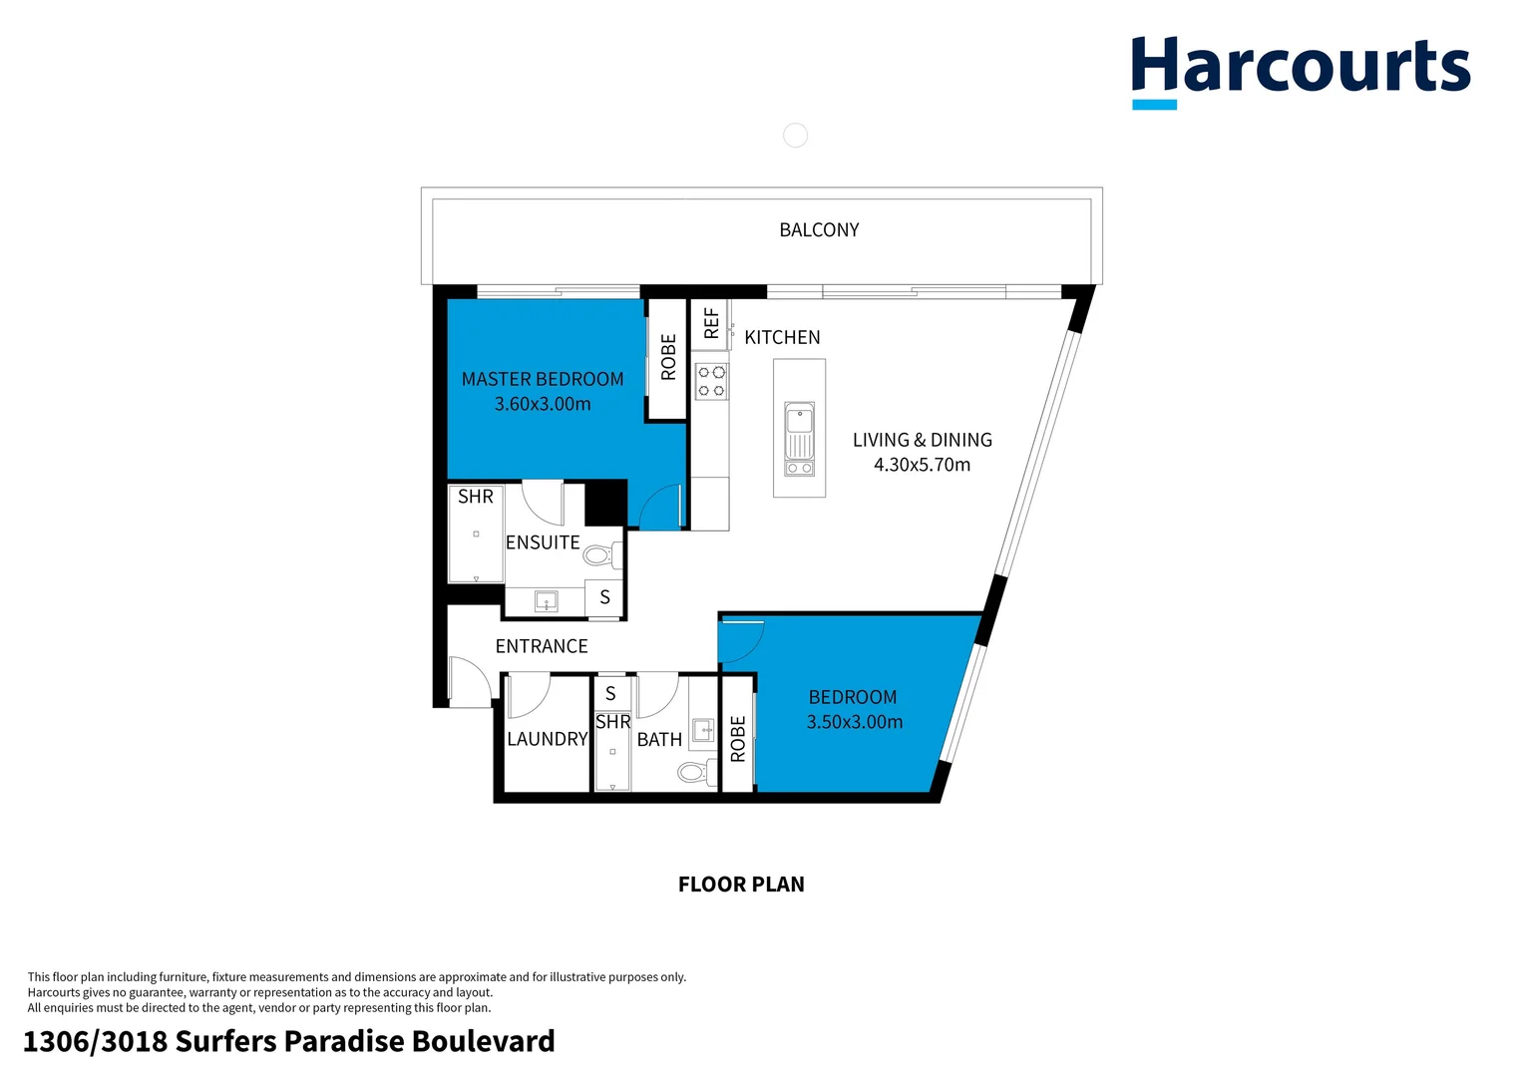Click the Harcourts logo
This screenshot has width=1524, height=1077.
[x=1300, y=70]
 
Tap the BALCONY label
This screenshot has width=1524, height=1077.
[x=819, y=230]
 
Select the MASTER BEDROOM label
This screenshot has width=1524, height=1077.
[x=543, y=379]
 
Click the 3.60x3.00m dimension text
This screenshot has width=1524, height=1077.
[x=543, y=404]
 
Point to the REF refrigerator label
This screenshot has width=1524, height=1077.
[x=711, y=323]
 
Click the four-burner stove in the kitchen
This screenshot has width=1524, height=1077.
[x=711, y=381]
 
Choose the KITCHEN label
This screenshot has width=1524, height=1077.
[x=782, y=338]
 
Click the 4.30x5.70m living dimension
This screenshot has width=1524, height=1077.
[x=922, y=465]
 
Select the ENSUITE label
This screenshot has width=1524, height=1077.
[x=543, y=542]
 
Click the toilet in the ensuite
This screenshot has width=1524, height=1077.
[x=600, y=554]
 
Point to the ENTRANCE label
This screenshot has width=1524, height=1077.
[x=542, y=646]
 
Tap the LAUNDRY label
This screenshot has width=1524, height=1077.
[x=547, y=739]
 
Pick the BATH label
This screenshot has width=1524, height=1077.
[x=659, y=740]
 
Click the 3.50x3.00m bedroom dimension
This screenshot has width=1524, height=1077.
[x=855, y=722]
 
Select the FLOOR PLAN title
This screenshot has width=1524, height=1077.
[x=741, y=885]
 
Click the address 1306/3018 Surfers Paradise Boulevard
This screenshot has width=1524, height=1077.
[x=289, y=1042]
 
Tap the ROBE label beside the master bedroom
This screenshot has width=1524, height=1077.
[x=668, y=357]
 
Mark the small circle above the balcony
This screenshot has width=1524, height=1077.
[x=795, y=136]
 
